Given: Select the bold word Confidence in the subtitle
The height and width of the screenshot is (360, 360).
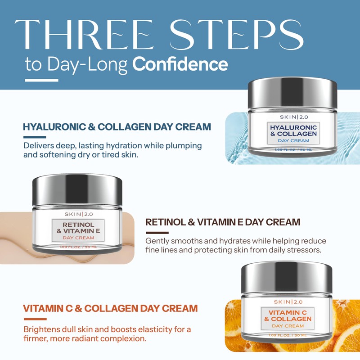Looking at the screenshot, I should pyautogui.click(x=180, y=64).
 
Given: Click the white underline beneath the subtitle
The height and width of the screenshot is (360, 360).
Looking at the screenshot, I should pyautogui.click(x=42, y=81).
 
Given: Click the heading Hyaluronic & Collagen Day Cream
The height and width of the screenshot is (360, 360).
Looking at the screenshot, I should pyautogui.click(x=117, y=127).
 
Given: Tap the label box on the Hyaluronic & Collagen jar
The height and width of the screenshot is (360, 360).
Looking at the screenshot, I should pyautogui.click(x=293, y=133).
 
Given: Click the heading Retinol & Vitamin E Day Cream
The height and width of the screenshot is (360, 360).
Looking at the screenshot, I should pyautogui.click(x=223, y=222).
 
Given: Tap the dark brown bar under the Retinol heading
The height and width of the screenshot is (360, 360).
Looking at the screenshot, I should pyautogui.click(x=157, y=233).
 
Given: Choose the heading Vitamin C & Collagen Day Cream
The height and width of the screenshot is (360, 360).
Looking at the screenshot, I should pyautogui.click(x=110, y=309).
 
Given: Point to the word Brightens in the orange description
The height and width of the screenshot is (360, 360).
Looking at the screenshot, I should pyautogui.click(x=42, y=329).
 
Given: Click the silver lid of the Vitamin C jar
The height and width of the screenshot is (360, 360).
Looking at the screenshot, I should pyautogui.click(x=287, y=277).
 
